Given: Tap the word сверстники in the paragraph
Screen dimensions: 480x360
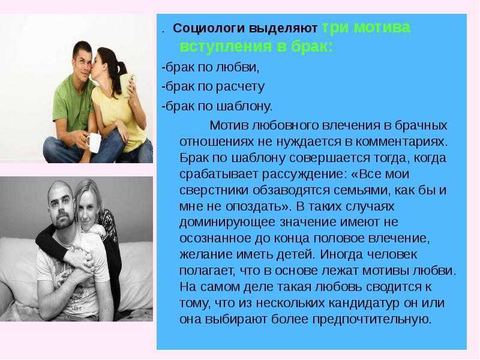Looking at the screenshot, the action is (x=214, y=190).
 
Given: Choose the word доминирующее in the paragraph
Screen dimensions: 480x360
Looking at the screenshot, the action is (x=227, y=222).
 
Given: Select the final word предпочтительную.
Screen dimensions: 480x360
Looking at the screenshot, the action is (x=371, y=320).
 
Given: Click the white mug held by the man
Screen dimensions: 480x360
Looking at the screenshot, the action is (x=94, y=142).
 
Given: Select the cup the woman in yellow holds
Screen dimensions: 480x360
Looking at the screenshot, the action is (x=128, y=85).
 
